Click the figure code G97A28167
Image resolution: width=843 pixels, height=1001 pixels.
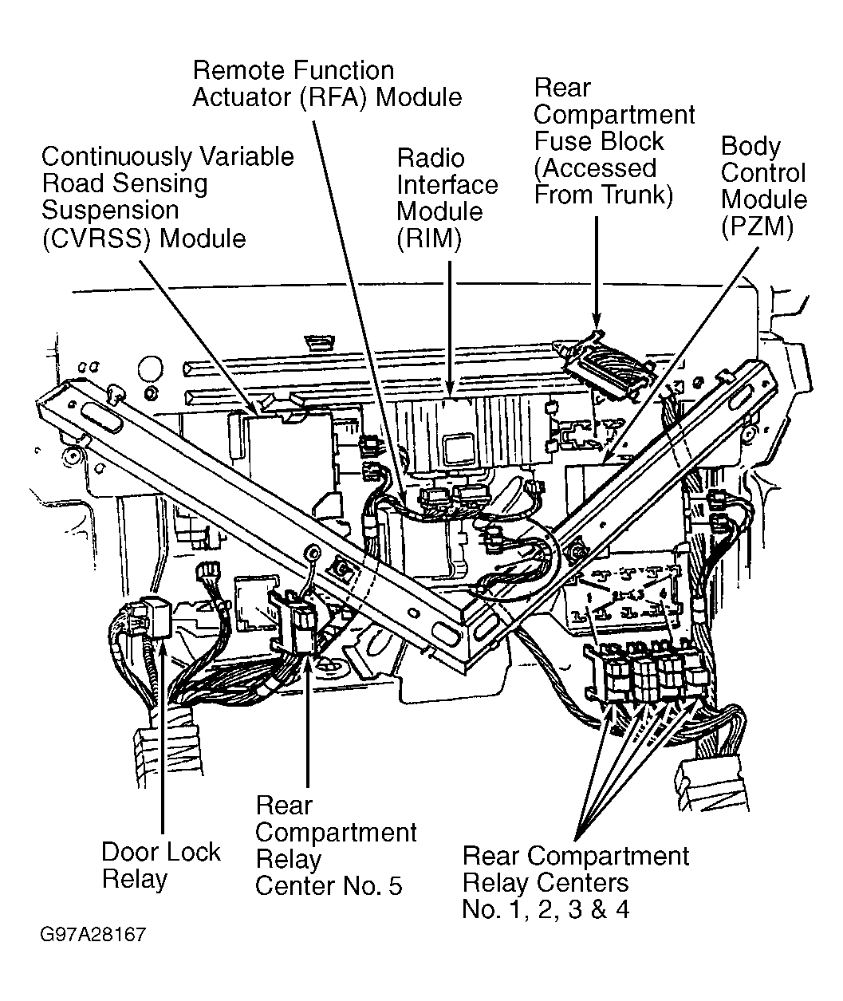pyautogui.click(x=95, y=934)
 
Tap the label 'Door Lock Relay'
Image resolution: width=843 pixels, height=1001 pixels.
pyautogui.click(x=160, y=865)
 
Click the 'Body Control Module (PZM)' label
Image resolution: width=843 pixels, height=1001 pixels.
pyautogui.click(x=763, y=187)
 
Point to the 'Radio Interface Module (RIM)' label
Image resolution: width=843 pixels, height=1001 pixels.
pyautogui.click(x=447, y=199)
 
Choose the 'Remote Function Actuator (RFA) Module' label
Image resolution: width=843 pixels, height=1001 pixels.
pyautogui.click(x=327, y=84)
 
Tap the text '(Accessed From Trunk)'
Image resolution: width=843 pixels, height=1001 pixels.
pyautogui.click(x=602, y=181)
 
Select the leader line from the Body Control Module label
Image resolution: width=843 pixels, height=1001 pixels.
pyautogui.click(x=686, y=351)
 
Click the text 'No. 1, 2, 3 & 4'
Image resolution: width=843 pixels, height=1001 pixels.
pyautogui.click(x=546, y=908)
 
